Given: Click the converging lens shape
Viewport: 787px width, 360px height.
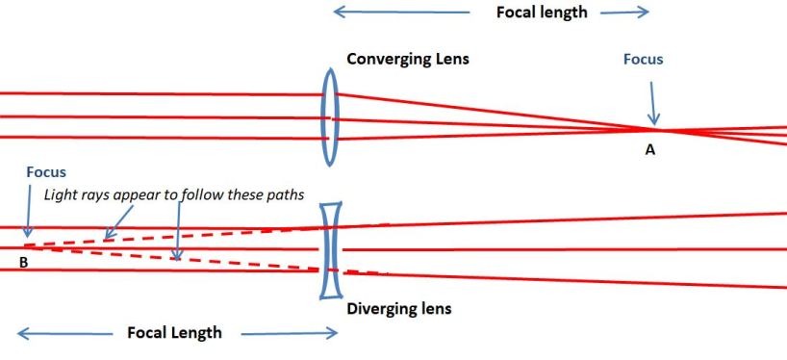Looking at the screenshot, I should tap(329, 116).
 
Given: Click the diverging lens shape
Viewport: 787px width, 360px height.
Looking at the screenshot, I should tap(331, 249).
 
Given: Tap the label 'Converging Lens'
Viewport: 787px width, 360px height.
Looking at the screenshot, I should tap(408, 59).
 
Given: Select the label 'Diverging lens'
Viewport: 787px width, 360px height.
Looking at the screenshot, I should tap(398, 309).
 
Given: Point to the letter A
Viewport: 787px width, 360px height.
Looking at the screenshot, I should tap(650, 149).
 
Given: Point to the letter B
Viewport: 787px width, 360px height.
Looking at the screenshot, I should tap(22, 260).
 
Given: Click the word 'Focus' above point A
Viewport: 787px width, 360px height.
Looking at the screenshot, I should tap(643, 60).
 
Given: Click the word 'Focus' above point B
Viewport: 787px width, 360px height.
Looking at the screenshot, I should tap(47, 172).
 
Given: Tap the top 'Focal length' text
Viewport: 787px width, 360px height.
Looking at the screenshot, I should tap(541, 13).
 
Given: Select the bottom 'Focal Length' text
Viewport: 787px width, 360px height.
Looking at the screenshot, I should tap(174, 333).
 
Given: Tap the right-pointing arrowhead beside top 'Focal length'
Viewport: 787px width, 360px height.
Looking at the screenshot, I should tap(644, 13).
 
